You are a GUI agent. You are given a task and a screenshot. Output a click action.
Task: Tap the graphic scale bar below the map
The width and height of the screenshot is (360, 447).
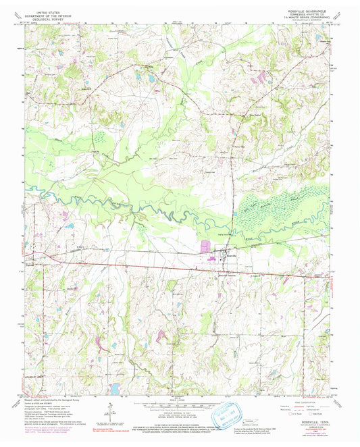(179, 404)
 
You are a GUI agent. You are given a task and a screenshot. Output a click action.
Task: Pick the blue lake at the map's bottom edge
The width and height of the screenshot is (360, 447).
(115, 389)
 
